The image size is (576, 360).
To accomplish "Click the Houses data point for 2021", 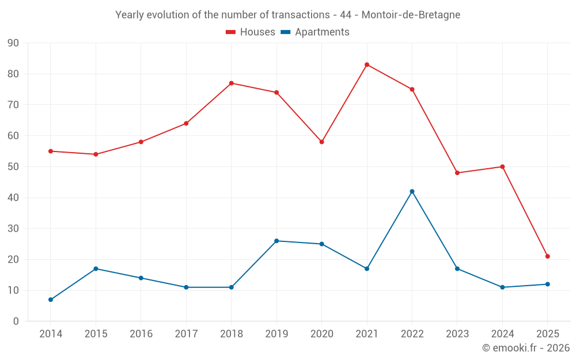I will pyautogui.click(x=367, y=65).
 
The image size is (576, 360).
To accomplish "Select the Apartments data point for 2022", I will pyautogui.click(x=412, y=191).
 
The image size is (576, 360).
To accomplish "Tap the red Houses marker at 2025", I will pyautogui.click(x=548, y=256).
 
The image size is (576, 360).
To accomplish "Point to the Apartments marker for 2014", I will pyautogui.click(x=51, y=300).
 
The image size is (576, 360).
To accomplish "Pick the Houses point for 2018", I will pyautogui.click(x=232, y=83).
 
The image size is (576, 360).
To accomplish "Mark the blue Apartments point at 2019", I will pyautogui.click(x=276, y=241).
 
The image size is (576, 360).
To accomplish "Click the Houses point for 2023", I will pyautogui.click(x=457, y=173).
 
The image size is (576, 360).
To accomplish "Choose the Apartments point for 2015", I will pyautogui.click(x=96, y=268).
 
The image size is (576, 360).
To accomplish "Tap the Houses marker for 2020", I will pyautogui.click(x=321, y=142).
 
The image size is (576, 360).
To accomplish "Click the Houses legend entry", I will pyautogui.click(x=251, y=32).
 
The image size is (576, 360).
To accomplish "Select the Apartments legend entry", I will pyautogui.click(x=315, y=32).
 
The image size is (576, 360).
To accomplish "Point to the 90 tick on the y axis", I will pyautogui.click(x=13, y=43).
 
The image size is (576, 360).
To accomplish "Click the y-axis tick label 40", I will pyautogui.click(x=13, y=198).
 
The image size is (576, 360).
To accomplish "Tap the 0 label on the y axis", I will pyautogui.click(x=16, y=321).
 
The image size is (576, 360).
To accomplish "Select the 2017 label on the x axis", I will pyautogui.click(x=186, y=334).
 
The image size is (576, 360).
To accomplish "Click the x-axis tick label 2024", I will pyautogui.click(x=502, y=334).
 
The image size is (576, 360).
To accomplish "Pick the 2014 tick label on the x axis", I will pyautogui.click(x=51, y=334).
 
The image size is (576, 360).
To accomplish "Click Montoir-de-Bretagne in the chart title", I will pyautogui.click(x=411, y=15).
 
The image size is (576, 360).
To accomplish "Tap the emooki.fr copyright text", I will pyautogui.click(x=526, y=348).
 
